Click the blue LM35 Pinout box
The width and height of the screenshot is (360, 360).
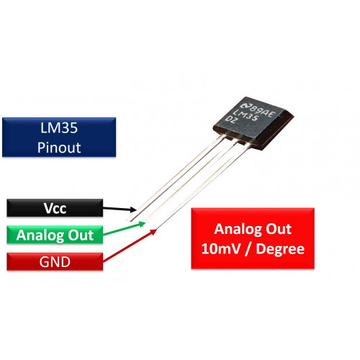pos(59,137)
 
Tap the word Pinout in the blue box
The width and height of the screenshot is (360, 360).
pos(59,148)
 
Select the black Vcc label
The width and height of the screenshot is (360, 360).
pos(55,208)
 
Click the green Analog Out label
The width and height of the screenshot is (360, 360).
pos(55,235)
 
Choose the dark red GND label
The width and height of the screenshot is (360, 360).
pos(55,261)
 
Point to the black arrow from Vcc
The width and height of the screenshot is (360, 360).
pos(120,209)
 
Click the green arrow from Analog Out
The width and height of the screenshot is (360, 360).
pos(125,229)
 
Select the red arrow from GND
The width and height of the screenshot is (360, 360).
pos(130,246)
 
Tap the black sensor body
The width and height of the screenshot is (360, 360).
pos(253,123)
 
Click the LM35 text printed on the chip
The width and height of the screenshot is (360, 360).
pos(246,116)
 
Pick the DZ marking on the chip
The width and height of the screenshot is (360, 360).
pos(231,120)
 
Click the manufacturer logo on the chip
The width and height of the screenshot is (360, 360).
pos(246,106)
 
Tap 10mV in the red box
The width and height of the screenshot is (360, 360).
pos(220,248)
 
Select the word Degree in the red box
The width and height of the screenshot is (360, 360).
pos(280,250)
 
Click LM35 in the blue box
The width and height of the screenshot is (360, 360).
pos(59,127)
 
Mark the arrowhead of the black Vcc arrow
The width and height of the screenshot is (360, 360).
pos(133,210)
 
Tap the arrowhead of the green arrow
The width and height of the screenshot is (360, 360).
pos(143,224)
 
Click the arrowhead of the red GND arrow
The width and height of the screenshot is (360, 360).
pos(153,231)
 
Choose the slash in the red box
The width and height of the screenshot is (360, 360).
pos(248,249)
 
